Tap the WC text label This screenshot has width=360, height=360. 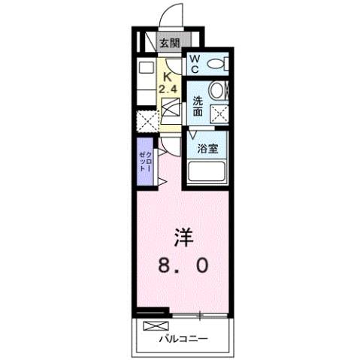[194, 64]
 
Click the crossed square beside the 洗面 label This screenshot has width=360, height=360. [219, 113]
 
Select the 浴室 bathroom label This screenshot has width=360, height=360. [207, 149]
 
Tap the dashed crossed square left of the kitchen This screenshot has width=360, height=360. [144, 120]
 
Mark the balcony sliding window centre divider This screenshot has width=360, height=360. [199, 315]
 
